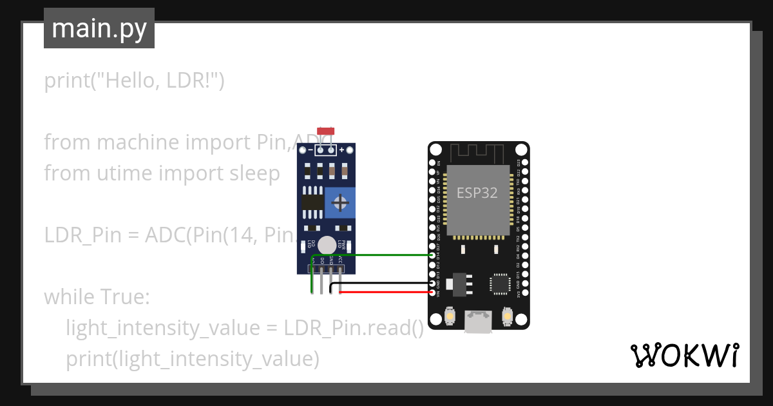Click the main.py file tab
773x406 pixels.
point(99,28)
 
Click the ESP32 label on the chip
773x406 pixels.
point(477,193)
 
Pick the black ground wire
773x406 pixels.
point(386,284)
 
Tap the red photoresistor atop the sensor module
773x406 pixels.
point(326,131)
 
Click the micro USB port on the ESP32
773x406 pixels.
point(478,322)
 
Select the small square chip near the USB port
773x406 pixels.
point(500,284)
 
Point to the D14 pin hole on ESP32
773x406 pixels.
point(432,255)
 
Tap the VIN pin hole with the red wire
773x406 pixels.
point(432,293)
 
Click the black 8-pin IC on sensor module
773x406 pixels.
point(312,202)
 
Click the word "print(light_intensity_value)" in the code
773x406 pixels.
point(193,358)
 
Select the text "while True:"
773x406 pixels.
point(97,297)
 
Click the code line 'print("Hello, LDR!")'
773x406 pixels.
point(134,81)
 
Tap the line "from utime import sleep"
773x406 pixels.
point(162,173)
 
